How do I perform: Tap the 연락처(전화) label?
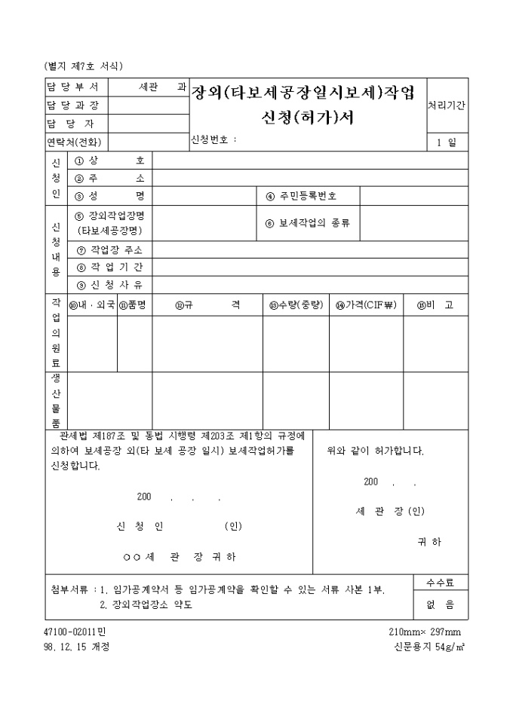click(73, 142)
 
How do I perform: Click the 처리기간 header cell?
click(447, 105)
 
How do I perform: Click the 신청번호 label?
click(214, 139)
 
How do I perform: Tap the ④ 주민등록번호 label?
click(301, 196)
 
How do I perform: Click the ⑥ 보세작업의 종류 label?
click(307, 223)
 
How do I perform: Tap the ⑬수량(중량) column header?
click(296, 305)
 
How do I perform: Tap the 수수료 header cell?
click(440, 583)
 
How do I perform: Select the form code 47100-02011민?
click(78, 632)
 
